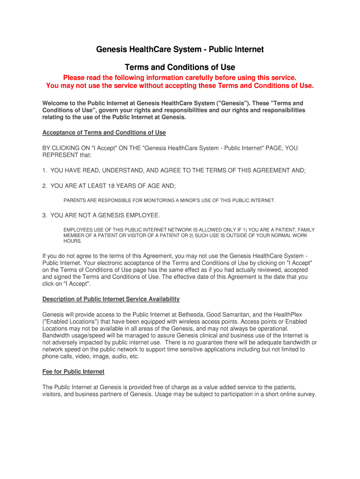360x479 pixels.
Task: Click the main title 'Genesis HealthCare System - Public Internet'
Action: [x=180, y=49]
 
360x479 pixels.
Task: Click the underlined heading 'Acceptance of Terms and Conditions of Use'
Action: [x=104, y=132]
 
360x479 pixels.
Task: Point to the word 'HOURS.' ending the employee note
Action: [x=72, y=241]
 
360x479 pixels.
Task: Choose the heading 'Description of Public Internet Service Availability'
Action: [x=111, y=299]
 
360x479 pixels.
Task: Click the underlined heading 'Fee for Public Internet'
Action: [x=73, y=371]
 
